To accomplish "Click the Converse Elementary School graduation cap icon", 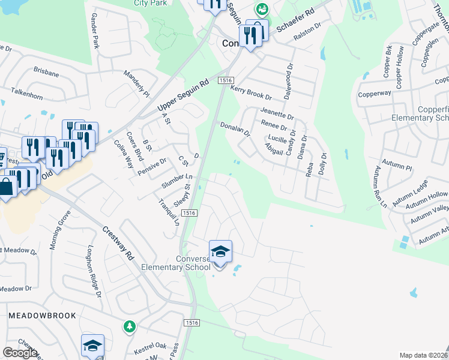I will click(220, 251).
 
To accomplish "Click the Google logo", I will click(20, 352).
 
